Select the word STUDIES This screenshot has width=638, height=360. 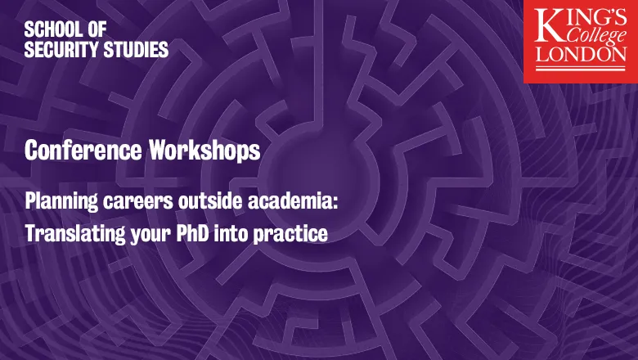point(136,49)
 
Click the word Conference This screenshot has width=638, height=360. point(83,150)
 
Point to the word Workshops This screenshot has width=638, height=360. point(204,151)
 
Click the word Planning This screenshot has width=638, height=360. point(61,202)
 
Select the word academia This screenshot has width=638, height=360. point(293,202)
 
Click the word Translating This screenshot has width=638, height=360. point(75,234)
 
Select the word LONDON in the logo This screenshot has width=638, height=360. point(581,54)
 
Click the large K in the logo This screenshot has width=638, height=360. point(550,25)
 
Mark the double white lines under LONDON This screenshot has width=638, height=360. point(581,68)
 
